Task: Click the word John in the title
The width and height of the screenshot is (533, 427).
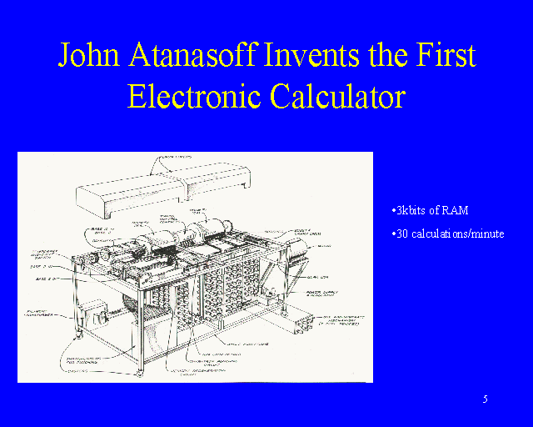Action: [x=87, y=55]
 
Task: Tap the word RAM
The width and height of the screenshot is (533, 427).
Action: [x=466, y=209]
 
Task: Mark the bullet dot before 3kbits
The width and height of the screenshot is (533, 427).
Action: [x=392, y=209]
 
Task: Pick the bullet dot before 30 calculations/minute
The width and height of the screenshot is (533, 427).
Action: [x=392, y=234]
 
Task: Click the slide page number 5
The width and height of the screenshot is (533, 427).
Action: [x=485, y=399]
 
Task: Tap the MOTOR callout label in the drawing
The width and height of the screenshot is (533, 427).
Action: [x=324, y=246]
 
